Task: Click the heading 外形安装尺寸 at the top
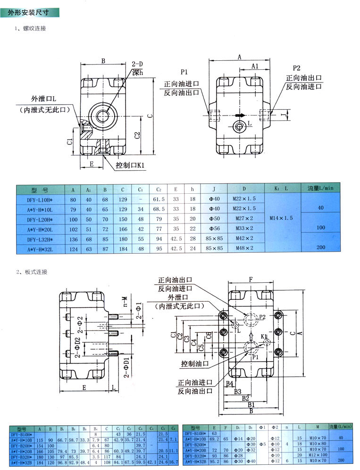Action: (x=28, y=14)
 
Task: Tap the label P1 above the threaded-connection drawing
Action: (x=184, y=72)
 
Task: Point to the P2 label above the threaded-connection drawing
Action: (x=296, y=68)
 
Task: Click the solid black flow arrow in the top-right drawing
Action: (x=240, y=115)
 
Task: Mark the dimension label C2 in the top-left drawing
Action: (x=137, y=135)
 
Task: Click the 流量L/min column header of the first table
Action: (x=320, y=188)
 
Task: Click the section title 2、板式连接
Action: (x=32, y=272)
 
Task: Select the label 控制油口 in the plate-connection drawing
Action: (x=195, y=363)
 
